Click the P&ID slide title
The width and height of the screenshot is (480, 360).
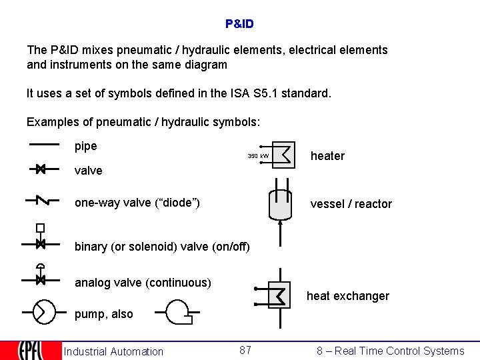[x=239, y=24]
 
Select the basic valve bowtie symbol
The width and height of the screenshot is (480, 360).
[x=40, y=169]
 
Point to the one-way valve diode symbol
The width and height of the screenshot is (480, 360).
[x=41, y=201]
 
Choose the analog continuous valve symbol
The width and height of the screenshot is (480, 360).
[x=40, y=279]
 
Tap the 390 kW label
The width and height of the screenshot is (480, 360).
[x=258, y=156]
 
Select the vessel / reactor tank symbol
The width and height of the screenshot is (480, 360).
[x=279, y=204]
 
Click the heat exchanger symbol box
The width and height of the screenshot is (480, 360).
[x=280, y=295]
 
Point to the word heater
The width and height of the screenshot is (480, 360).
[x=327, y=156]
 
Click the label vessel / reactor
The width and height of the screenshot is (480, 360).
[x=351, y=204]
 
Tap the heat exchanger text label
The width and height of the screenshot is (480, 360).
[x=347, y=296]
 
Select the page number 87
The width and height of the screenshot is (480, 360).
[x=245, y=350]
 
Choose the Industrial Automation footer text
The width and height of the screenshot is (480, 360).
[x=113, y=351]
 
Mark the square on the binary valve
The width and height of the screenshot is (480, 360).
[x=40, y=227]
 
